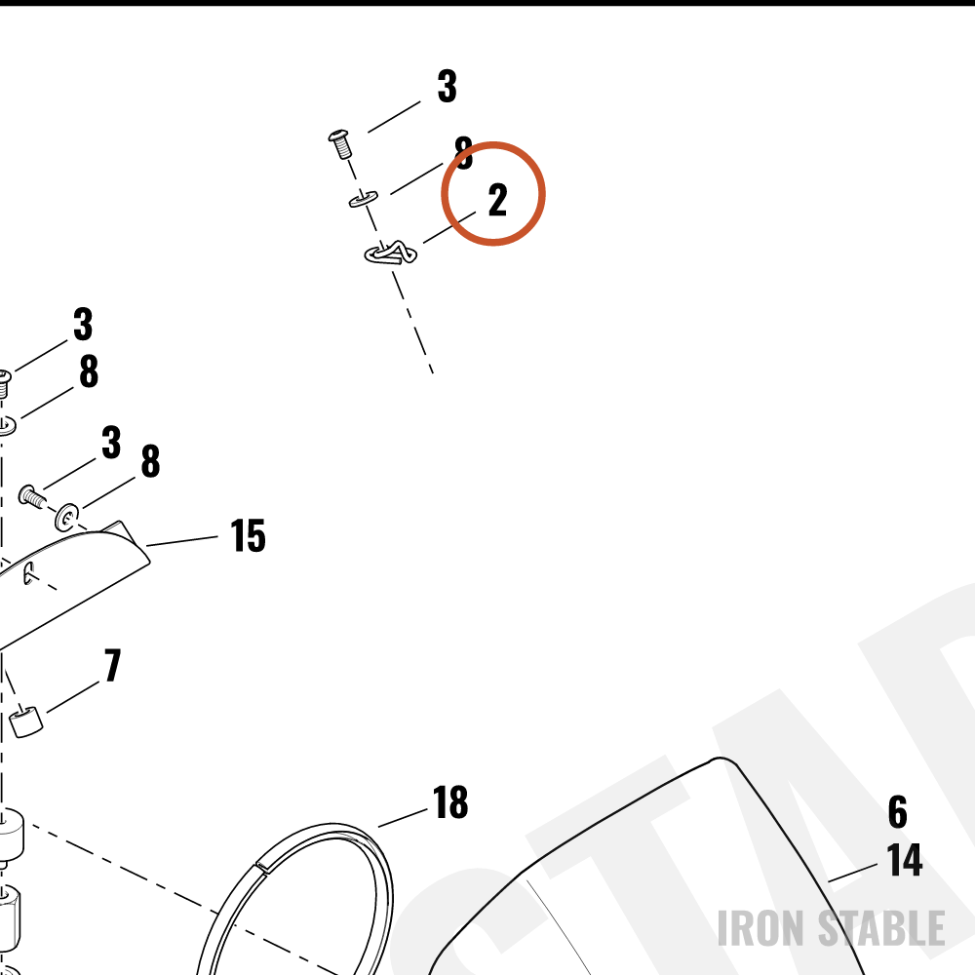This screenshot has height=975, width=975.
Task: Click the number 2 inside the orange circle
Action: coord(497,200)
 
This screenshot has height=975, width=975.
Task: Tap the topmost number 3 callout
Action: coord(448,87)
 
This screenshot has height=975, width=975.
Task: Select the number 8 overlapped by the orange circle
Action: coord(464,153)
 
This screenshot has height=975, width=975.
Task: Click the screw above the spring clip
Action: coord(340,143)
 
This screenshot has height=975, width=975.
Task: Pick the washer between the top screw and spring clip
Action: coord(363,199)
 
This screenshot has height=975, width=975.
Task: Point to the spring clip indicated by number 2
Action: coord(391,253)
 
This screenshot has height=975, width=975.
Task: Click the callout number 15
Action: coord(248,535)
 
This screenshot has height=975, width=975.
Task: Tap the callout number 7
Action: coord(112,665)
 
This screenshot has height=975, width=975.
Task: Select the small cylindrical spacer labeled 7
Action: coord(26,721)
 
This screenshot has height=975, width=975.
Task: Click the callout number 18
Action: coord(450,802)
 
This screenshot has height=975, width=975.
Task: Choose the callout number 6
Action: coord(897,812)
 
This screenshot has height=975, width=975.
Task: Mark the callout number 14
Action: coord(905,860)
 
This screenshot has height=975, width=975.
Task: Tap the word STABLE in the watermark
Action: coord(881,928)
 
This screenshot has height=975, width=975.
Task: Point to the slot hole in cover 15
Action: coord(28,572)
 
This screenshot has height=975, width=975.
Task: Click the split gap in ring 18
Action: coord(262,867)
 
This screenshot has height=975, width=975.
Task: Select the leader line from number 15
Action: coord(181,541)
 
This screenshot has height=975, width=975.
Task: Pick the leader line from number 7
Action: coord(73,697)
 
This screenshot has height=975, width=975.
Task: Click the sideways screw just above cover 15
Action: coord(32,497)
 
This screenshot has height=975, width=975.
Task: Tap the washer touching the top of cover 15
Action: coord(67,518)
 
